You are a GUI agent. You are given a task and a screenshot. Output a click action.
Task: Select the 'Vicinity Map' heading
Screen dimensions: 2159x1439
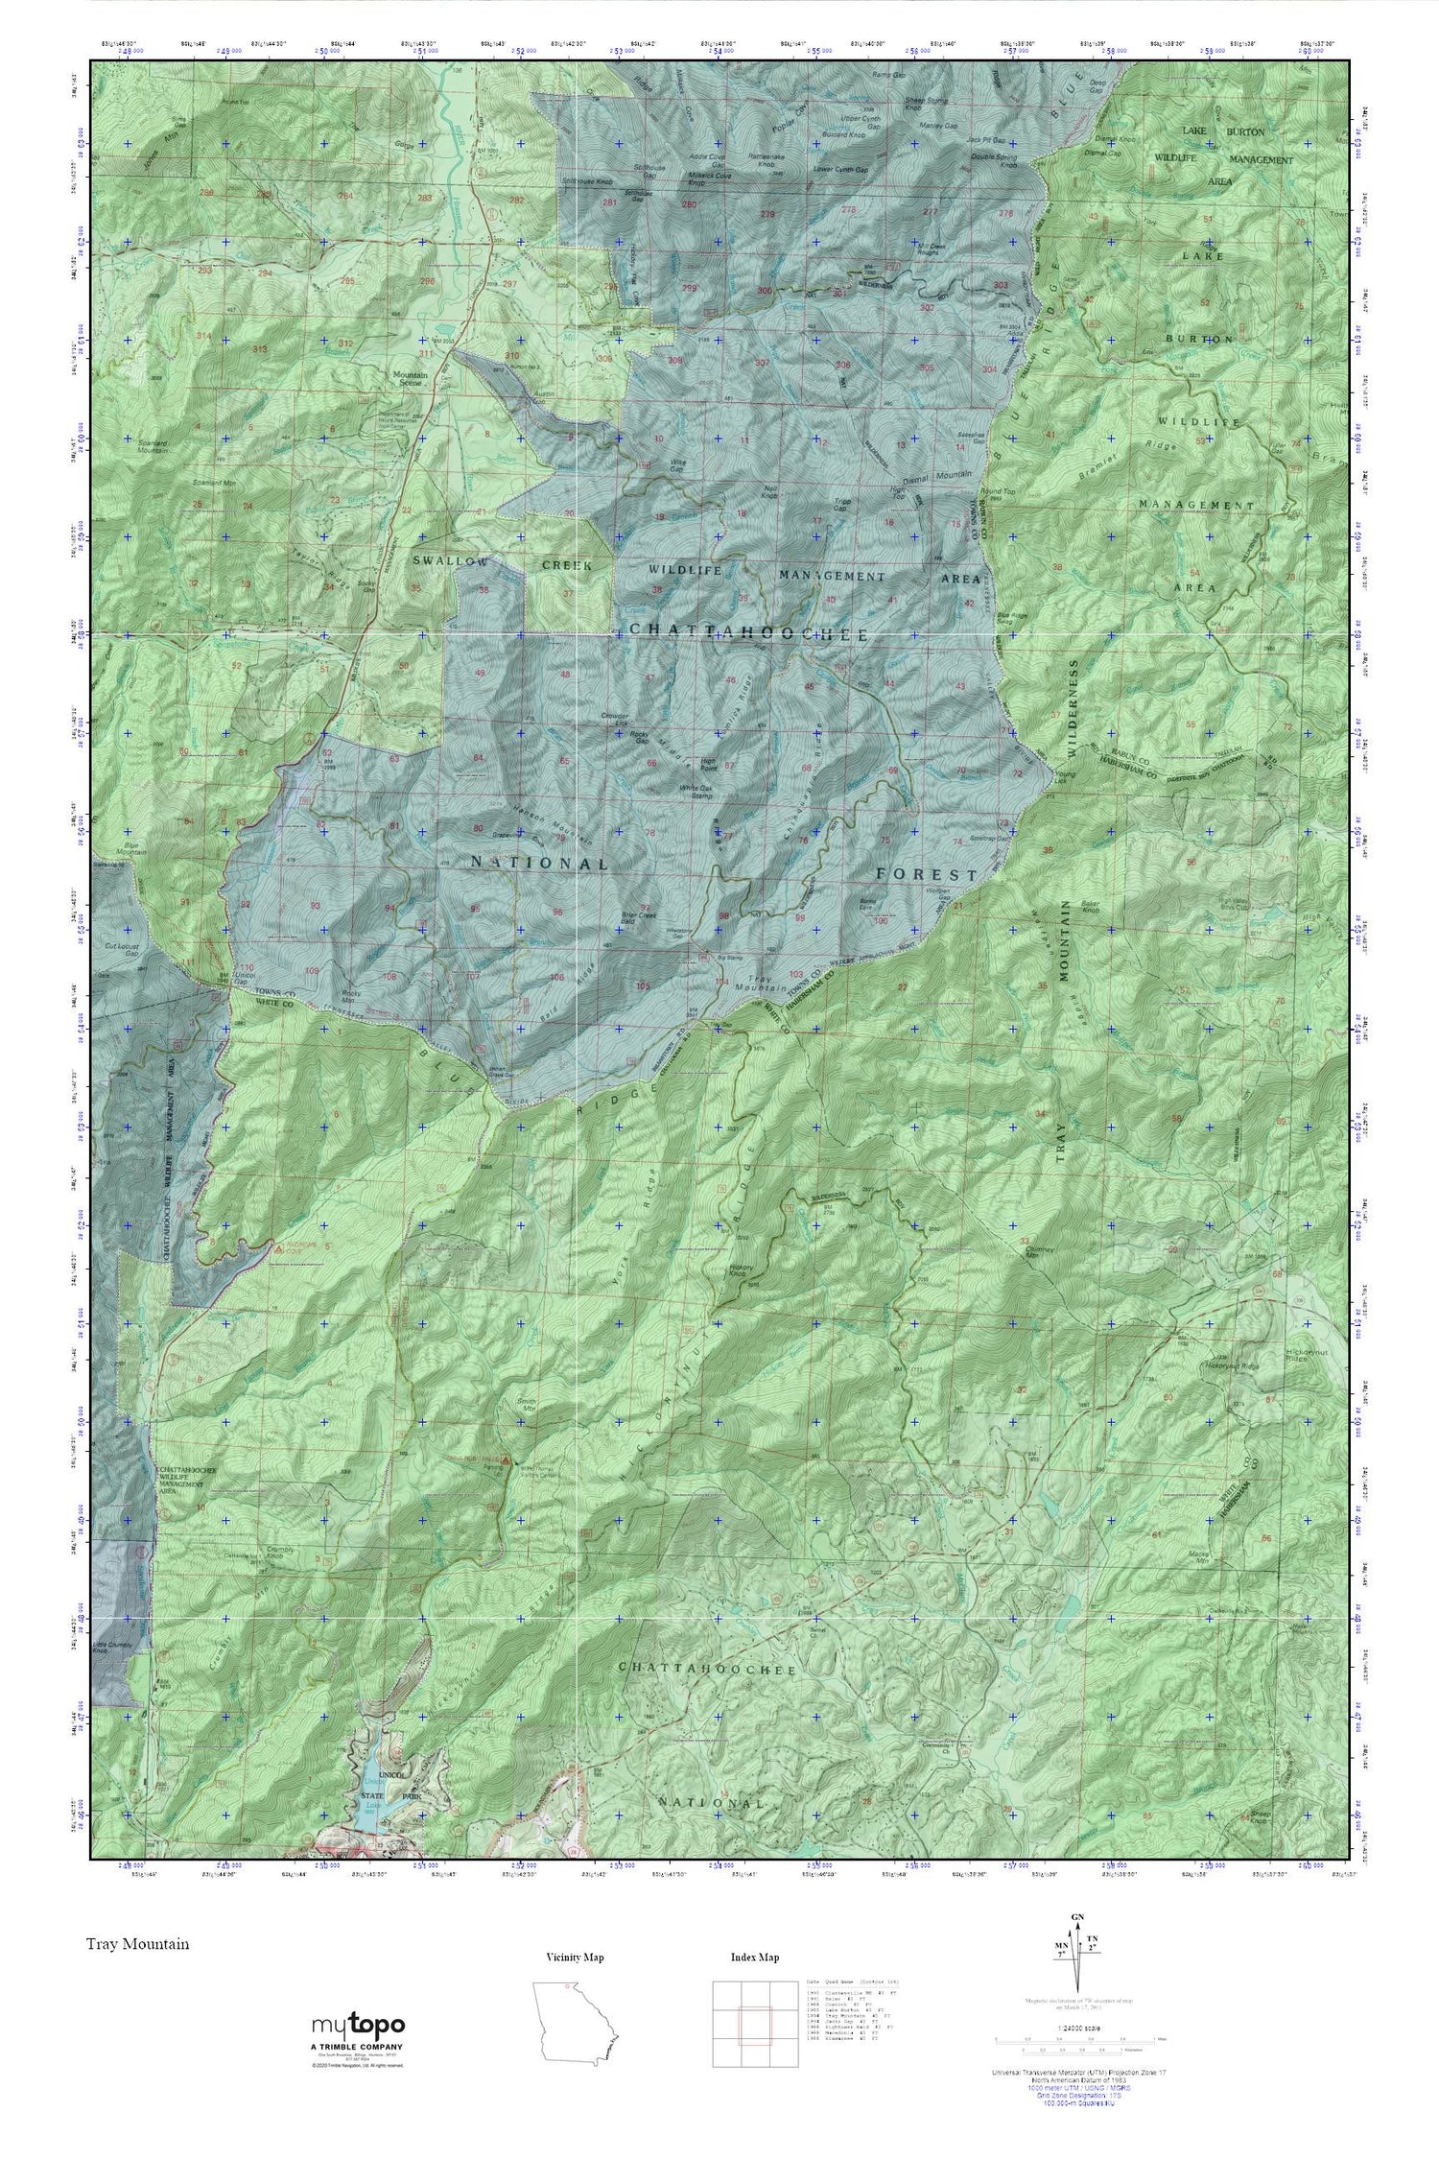coord(575,1957)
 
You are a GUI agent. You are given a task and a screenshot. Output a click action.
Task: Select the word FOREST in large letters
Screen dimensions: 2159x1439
coord(927,875)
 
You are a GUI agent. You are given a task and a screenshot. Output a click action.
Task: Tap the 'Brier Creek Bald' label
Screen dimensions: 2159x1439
coord(640,918)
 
